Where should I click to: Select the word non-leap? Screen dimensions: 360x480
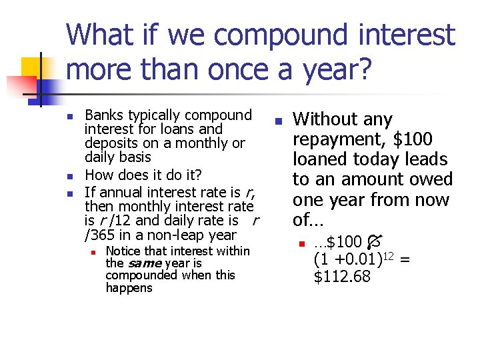coord(173,235)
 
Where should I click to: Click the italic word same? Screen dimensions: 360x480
coord(145,263)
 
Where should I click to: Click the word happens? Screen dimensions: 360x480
coord(129,288)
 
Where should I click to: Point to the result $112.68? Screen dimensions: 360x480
coord(341,276)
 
